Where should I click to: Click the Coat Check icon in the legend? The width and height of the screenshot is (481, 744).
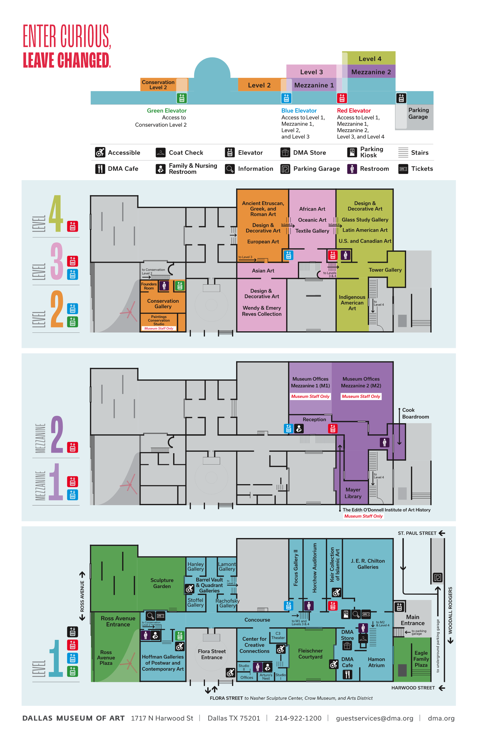click(x=160, y=153)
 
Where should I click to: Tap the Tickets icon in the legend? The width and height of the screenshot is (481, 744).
click(x=403, y=169)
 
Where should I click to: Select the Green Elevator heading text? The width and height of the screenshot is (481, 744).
click(x=166, y=111)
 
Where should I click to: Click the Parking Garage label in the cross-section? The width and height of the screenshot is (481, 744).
click(x=418, y=113)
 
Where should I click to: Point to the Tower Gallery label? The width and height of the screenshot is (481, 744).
click(x=385, y=270)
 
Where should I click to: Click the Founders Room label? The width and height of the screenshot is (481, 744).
click(x=149, y=286)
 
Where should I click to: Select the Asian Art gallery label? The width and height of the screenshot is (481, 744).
click(x=263, y=271)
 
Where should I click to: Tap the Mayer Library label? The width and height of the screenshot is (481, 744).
click(x=353, y=493)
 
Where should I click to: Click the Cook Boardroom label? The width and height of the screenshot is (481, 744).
click(x=415, y=413)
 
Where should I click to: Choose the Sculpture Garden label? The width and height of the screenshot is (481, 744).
click(x=162, y=583)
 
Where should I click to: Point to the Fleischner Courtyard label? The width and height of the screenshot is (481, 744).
click(x=310, y=654)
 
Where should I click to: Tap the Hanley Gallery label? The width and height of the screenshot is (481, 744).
click(x=196, y=566)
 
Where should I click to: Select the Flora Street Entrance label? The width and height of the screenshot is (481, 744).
click(x=211, y=654)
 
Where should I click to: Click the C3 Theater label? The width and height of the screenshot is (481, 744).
click(x=278, y=636)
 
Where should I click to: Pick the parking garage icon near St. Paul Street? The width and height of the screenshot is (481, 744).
click(x=438, y=577)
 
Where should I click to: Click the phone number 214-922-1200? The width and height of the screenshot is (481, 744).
click(x=298, y=718)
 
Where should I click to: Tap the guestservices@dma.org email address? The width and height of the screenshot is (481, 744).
click(x=375, y=718)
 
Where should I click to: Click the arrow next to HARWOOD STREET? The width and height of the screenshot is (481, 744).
click(x=442, y=688)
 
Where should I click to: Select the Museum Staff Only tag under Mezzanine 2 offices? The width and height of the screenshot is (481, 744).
click(x=361, y=397)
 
